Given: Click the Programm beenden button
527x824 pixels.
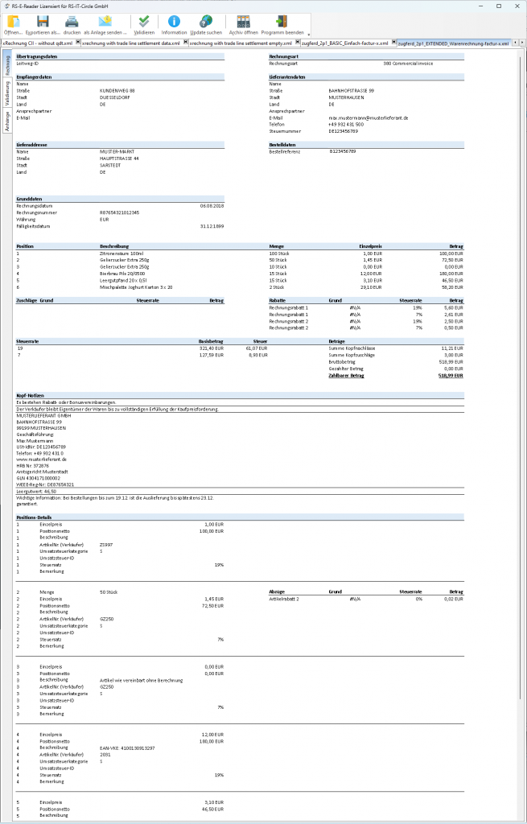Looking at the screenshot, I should pyautogui.click(x=282, y=24).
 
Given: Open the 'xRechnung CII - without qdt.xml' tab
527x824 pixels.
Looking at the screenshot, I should pyautogui.click(x=37, y=43).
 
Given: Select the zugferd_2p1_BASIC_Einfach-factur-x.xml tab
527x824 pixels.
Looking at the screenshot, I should pyautogui.click(x=344, y=43).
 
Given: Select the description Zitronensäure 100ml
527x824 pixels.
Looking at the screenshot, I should pyautogui.click(x=121, y=253).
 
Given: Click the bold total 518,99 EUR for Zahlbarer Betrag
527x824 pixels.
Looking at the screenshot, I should pyautogui.click(x=451, y=375).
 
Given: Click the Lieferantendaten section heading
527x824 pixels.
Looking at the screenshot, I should pyautogui.click(x=287, y=77).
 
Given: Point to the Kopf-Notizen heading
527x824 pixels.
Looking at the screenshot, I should pyautogui.click(x=29, y=394).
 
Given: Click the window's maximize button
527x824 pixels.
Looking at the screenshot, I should pyautogui.click(x=499, y=6).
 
